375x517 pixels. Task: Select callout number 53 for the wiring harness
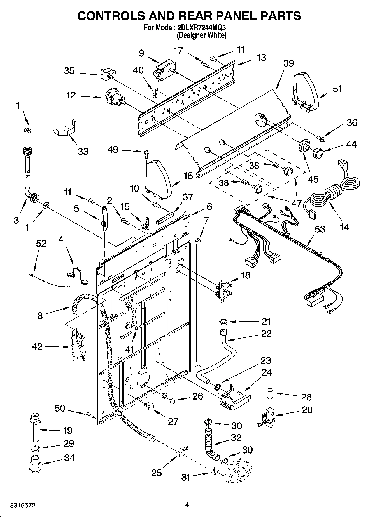[x=320, y=229]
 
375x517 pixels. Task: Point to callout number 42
[x=37, y=347]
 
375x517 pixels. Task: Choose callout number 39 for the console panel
[x=288, y=63]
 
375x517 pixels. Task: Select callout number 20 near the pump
[x=307, y=410]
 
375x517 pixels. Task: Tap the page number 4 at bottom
[x=187, y=505]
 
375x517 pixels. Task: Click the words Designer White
[x=202, y=36]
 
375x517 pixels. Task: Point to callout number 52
[x=41, y=244]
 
